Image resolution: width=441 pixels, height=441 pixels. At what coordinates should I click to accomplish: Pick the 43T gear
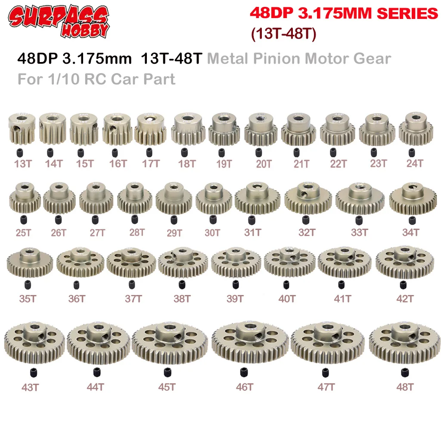coord(34,345)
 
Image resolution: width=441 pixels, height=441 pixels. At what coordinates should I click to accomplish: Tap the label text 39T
coord(236,298)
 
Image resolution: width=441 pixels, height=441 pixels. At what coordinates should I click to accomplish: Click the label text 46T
coord(244,387)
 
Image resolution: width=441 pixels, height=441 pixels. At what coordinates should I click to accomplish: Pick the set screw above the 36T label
coord(77,284)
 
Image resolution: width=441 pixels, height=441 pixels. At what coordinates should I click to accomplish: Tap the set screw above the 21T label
coord(297,152)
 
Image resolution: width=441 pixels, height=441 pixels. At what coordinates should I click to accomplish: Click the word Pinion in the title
coord(281,58)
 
